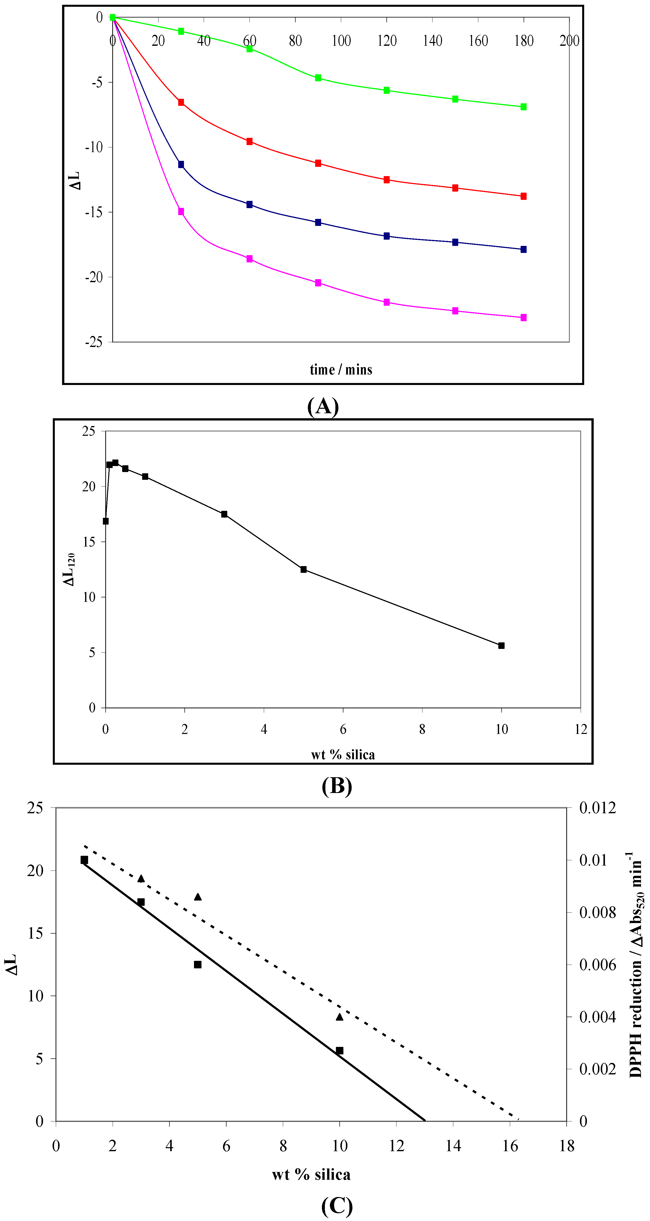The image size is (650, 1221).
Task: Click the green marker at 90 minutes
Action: point(318,78)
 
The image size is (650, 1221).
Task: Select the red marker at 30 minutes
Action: point(181,102)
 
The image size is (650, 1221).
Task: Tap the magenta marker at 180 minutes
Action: point(523,318)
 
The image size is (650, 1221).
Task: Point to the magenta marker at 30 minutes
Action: point(181,211)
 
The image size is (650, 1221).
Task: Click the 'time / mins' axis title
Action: point(341,370)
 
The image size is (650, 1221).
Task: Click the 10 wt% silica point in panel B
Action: point(501,646)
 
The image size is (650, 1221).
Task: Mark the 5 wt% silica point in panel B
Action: point(303,569)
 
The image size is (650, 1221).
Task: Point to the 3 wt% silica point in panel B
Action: point(224,514)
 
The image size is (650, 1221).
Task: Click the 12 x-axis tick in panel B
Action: point(581,729)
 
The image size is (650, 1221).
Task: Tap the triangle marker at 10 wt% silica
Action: point(339,1017)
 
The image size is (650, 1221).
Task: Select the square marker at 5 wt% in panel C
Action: point(198,965)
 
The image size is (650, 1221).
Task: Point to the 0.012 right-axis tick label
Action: point(597,808)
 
